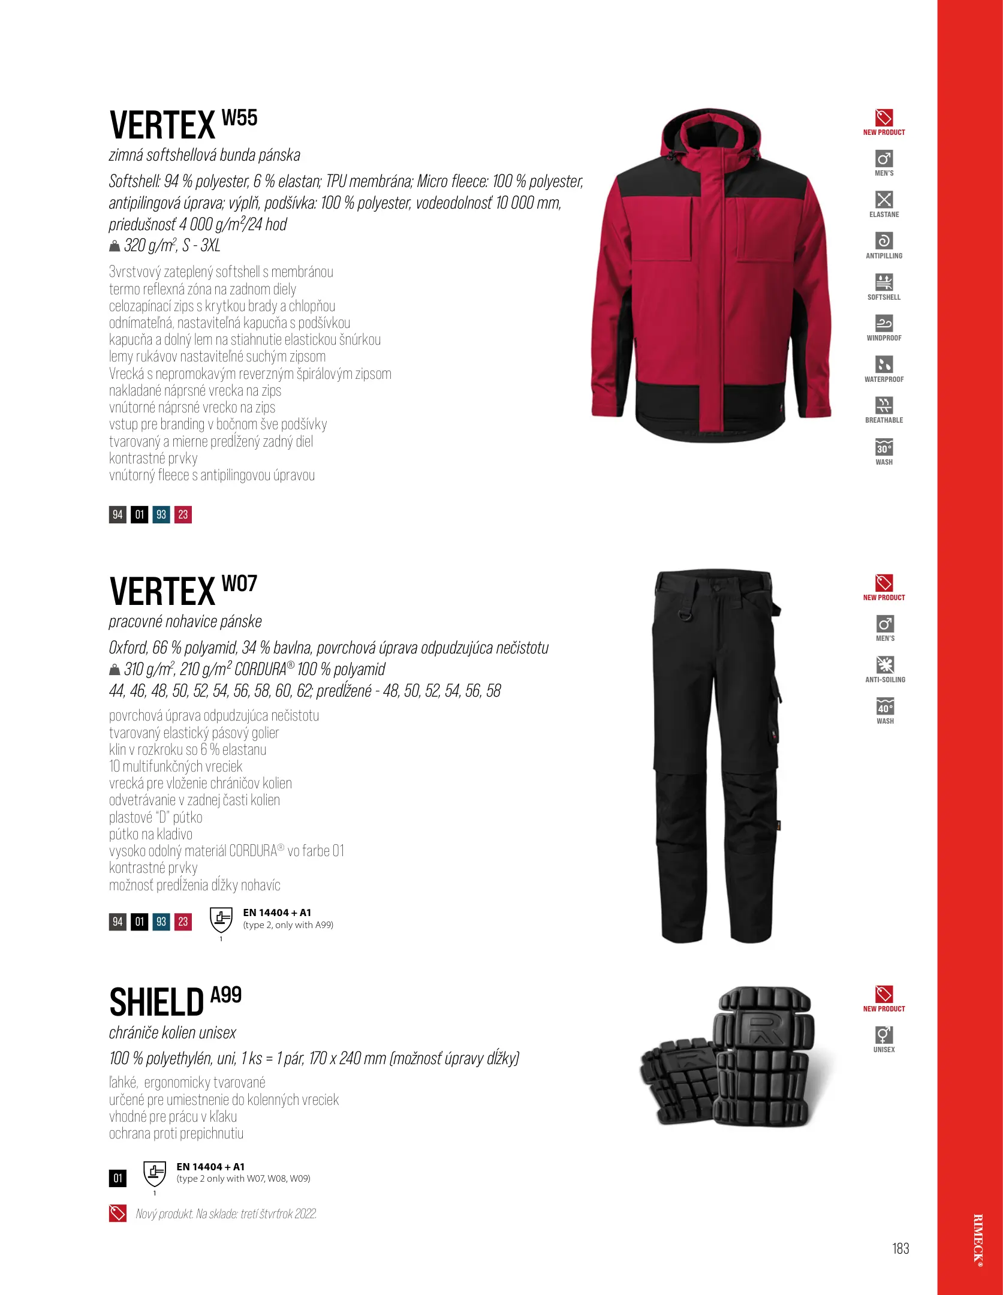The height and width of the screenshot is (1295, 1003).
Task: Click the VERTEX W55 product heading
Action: pyautogui.click(x=183, y=125)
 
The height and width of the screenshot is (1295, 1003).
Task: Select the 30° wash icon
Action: pyautogui.click(x=884, y=448)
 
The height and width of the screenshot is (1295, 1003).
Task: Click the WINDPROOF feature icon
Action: pyautogui.click(x=884, y=324)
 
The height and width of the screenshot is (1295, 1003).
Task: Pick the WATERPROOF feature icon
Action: pyautogui.click(x=884, y=365)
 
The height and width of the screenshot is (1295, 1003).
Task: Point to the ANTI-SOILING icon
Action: pyautogui.click(x=885, y=665)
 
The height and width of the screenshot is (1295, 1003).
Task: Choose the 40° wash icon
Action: pyautogui.click(x=885, y=706)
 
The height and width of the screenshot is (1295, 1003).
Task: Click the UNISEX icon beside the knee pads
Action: pyautogui.click(x=884, y=1035)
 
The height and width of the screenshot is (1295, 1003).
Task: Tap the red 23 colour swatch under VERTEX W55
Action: pyautogui.click(x=183, y=514)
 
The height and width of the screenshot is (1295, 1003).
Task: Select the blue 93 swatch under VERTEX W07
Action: pyautogui.click(x=161, y=921)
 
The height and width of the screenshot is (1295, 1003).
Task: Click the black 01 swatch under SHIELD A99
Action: pyautogui.click(x=118, y=1178)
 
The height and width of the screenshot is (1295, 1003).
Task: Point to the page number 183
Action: pyautogui.click(x=900, y=1248)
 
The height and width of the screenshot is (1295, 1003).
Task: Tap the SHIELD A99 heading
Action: pyautogui.click(x=175, y=1002)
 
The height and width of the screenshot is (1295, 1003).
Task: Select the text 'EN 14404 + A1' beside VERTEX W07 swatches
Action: pyautogui.click(x=277, y=912)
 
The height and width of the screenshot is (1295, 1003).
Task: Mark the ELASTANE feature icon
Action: pyautogui.click(x=884, y=200)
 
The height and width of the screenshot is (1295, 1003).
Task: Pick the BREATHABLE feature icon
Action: pyautogui.click(x=884, y=405)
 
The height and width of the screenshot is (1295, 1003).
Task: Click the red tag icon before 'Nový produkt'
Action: pyautogui.click(x=118, y=1213)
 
